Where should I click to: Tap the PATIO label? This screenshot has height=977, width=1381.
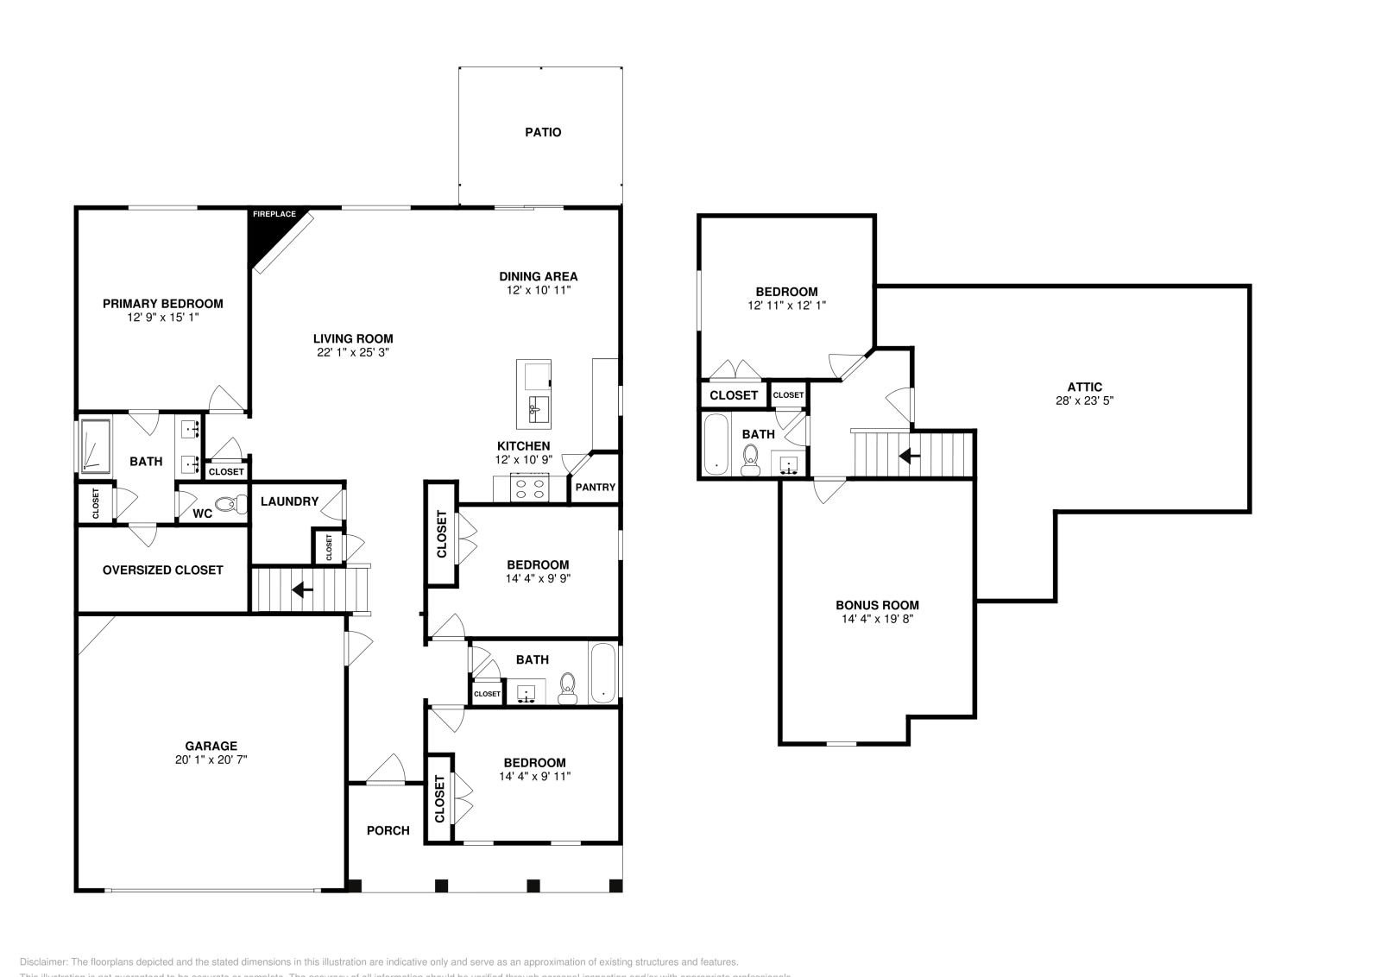pos(543,132)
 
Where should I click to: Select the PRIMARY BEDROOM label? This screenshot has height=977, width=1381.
pos(162,303)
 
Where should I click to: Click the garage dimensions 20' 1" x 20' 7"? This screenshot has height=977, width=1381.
pos(211,760)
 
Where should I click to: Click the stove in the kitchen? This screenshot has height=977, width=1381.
pos(530,489)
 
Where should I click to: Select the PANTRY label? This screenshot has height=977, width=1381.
pos(595,487)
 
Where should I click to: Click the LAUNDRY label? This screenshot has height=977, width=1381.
pos(289,501)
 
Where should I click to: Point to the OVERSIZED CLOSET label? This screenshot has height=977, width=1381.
pos(162,570)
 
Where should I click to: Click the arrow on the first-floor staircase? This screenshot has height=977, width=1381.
pos(301,590)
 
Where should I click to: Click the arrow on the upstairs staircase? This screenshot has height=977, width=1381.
pos(908,454)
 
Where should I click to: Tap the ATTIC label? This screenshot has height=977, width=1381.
pos(1084,387)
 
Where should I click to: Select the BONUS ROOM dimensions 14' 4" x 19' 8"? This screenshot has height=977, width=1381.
pos(877,619)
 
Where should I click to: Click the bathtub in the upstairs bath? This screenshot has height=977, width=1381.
pos(716,444)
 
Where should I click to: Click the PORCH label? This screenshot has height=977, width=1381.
pos(388,830)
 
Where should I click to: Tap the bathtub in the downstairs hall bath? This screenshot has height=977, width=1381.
pos(603,673)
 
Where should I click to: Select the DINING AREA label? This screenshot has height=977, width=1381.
pos(538,276)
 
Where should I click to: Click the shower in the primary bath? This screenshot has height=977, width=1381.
pos(95,446)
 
